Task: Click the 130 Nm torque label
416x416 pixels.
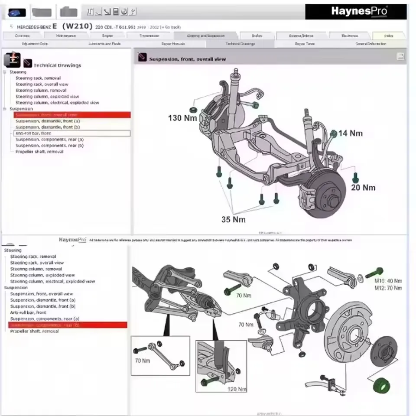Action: (182, 118)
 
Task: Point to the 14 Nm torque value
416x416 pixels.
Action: (350, 133)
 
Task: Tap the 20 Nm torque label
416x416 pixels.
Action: (363, 188)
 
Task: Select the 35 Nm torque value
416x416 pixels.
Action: (233, 219)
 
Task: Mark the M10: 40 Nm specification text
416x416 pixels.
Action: (388, 281)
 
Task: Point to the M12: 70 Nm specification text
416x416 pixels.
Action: (388, 288)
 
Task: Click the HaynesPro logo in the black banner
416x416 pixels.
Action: (359, 11)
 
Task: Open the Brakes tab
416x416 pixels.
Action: (257, 36)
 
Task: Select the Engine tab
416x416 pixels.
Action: (107, 36)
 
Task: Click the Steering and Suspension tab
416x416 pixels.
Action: (205, 36)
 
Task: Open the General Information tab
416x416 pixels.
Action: (370, 44)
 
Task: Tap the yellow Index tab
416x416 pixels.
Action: (388, 36)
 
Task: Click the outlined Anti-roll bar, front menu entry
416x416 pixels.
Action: (72, 133)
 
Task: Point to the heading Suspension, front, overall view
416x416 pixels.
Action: (187, 59)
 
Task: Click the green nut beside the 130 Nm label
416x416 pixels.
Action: (194, 107)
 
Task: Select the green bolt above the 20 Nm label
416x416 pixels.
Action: (355, 177)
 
